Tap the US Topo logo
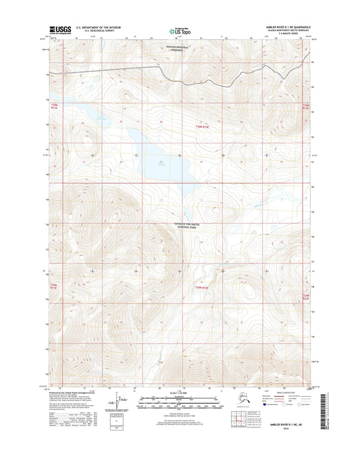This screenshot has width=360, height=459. pyautogui.click(x=180, y=30)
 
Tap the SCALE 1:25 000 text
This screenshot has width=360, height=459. pyautogui.click(x=179, y=393)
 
